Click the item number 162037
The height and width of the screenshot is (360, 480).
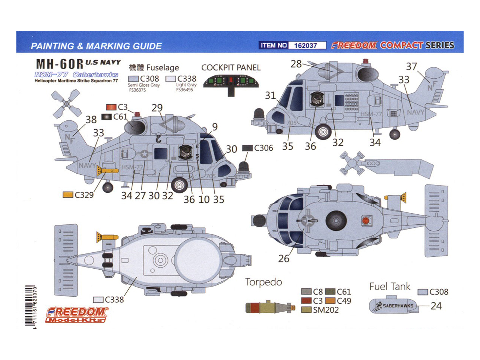(x=306, y=45)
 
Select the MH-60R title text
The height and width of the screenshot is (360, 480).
(x=60, y=64)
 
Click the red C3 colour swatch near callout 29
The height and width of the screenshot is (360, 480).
(x=111, y=107)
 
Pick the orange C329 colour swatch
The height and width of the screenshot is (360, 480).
(x=68, y=195)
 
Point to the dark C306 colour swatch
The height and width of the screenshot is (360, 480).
(x=247, y=148)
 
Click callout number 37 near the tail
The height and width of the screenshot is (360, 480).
(x=411, y=67)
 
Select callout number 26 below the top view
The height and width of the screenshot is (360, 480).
(x=284, y=259)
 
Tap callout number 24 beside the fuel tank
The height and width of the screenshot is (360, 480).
(x=436, y=306)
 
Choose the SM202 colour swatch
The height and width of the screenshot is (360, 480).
(x=306, y=310)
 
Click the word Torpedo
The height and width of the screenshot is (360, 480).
(x=263, y=282)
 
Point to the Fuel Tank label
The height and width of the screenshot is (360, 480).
(x=389, y=287)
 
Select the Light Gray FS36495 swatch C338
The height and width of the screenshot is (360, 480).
(x=171, y=79)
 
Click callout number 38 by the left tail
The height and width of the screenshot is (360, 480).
(x=91, y=120)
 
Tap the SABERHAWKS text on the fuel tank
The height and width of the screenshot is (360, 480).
(x=398, y=306)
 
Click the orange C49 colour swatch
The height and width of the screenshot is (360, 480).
(x=330, y=301)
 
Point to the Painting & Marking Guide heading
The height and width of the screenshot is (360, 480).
(x=96, y=46)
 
